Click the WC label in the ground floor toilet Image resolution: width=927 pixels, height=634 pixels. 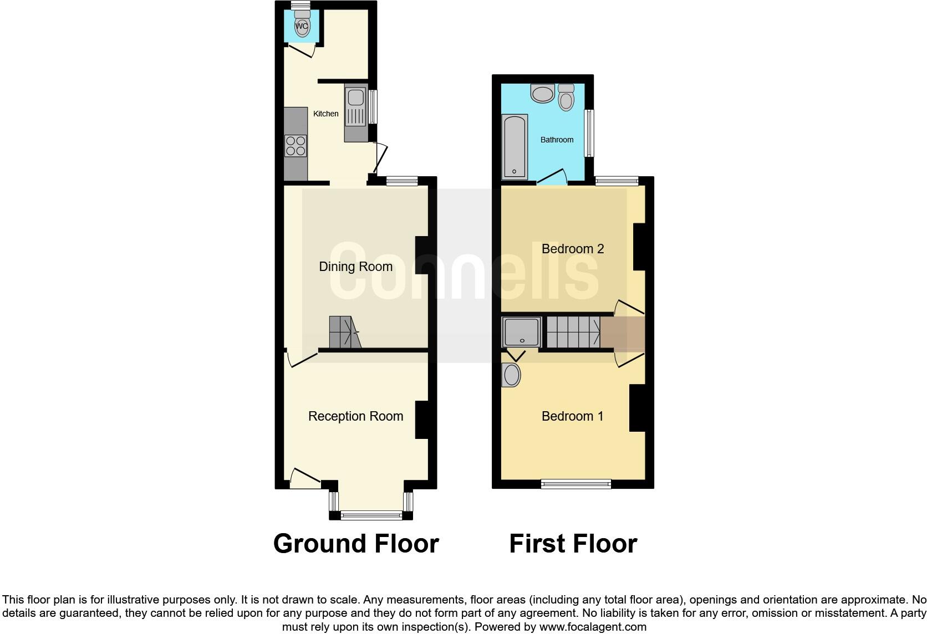click(x=302, y=26)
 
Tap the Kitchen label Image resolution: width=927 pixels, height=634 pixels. click(x=325, y=114)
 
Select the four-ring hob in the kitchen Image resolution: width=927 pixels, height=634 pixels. click(x=296, y=145)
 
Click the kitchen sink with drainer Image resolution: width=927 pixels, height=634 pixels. click(x=355, y=113)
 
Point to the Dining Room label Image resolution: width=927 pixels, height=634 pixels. click(x=355, y=267)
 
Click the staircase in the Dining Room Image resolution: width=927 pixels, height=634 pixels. click(x=344, y=331)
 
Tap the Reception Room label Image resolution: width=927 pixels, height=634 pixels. click(x=355, y=416)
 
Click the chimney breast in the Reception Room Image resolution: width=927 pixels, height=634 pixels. click(x=422, y=420)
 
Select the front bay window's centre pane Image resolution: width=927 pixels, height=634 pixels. click(x=371, y=515)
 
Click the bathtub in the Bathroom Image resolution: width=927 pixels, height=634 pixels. click(x=515, y=147)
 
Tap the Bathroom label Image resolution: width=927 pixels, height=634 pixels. click(x=557, y=140)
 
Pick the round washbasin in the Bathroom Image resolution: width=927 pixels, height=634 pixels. click(x=542, y=94)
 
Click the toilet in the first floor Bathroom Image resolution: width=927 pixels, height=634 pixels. click(x=566, y=98)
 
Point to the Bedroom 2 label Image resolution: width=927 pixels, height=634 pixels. click(x=572, y=249)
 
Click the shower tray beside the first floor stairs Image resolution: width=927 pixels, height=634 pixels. click(x=521, y=332)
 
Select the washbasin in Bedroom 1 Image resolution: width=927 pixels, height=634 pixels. click(x=511, y=375)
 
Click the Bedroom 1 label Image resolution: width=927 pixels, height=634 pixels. click(x=572, y=416)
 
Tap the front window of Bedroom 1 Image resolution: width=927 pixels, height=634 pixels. click(x=575, y=484)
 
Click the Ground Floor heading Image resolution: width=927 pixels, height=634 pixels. click(x=356, y=544)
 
